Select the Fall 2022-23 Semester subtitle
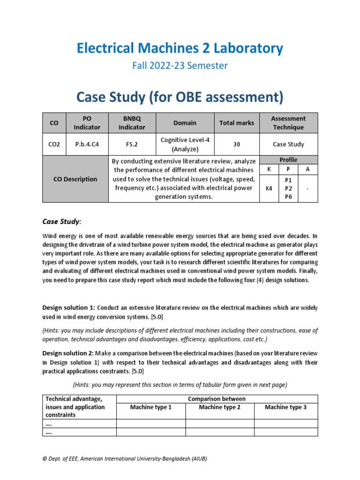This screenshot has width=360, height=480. coord(180,66)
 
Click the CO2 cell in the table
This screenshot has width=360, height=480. coord(55,144)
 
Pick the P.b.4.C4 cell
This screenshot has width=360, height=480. coord(87,144)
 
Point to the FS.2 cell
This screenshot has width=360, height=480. coord(132,144)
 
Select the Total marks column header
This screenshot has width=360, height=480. coord(237,123)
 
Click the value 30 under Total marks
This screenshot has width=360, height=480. coord(237,144)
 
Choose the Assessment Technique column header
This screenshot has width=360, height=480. coord(289,123)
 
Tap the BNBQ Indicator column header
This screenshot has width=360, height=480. coord(132,123)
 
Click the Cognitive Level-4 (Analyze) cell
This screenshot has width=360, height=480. coord(185,144)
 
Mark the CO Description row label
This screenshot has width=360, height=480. coord(75,179)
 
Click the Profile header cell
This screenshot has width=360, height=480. coord(289,160)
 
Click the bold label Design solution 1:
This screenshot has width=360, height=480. coord(68,307)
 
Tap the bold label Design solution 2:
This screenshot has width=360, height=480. coord(68,353)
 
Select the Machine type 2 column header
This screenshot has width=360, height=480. coord(219,407)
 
